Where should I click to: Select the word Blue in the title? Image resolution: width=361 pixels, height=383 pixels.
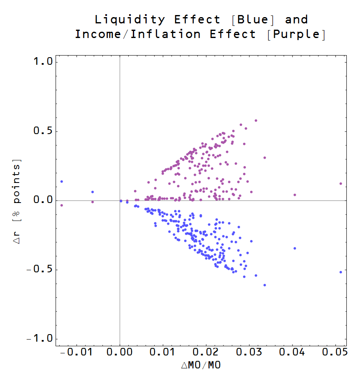click(254, 20)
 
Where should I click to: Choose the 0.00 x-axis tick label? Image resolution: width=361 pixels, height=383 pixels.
click(120, 353)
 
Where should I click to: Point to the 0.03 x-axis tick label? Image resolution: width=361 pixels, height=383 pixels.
click(249, 353)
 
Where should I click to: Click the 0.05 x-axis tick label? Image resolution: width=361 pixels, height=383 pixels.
click(336, 353)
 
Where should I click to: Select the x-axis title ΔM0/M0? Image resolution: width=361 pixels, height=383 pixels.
click(201, 366)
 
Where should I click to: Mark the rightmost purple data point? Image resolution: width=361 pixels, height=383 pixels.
click(341, 183)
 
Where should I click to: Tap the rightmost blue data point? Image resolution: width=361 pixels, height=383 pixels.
click(341, 272)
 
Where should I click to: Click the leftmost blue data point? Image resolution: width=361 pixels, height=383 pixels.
click(61, 181)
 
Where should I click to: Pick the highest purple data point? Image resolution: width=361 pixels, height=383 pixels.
click(256, 120)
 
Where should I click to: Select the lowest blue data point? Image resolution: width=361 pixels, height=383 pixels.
click(264, 285)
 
